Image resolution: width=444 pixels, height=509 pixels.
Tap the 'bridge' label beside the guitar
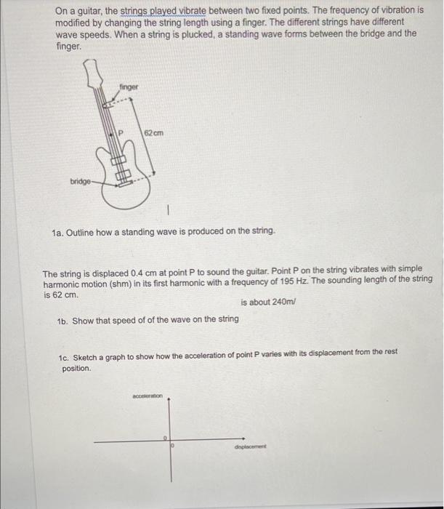[x=81, y=180]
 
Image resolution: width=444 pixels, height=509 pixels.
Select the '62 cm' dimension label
[x=153, y=133]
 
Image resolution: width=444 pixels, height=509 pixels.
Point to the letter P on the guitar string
[x=122, y=134]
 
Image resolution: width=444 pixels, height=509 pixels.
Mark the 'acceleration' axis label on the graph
[x=148, y=396]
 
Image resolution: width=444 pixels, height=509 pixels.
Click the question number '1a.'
[x=58, y=232]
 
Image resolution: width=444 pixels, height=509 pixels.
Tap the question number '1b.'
[x=62, y=320]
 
